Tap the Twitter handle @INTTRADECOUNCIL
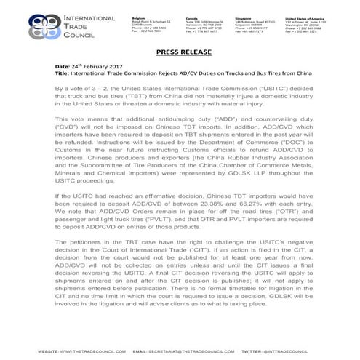tap(302, 350)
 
